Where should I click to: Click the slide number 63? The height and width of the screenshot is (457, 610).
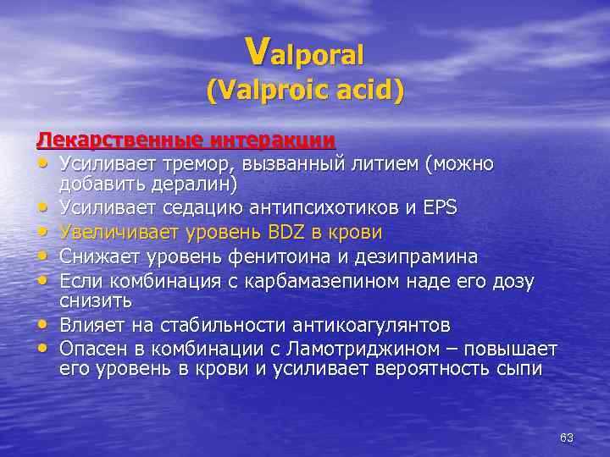tap(567, 438)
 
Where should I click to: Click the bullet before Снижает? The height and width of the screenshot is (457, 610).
tap(42, 256)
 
